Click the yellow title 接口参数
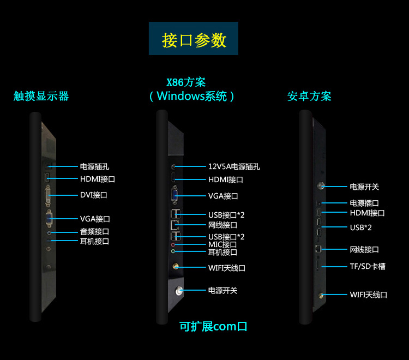(x=194, y=40)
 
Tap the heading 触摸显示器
(x=41, y=97)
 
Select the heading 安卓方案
(x=309, y=97)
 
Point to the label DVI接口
(x=94, y=195)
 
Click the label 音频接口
(x=94, y=231)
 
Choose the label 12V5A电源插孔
(x=234, y=166)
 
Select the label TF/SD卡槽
(x=368, y=266)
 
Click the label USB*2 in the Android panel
(x=360, y=227)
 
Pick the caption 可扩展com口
(x=213, y=327)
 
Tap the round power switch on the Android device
(x=320, y=186)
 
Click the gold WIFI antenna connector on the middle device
(x=176, y=267)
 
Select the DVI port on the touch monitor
(x=49, y=195)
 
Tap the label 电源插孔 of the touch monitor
(x=94, y=166)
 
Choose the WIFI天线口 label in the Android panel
(x=368, y=295)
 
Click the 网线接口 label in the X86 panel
(x=222, y=225)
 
